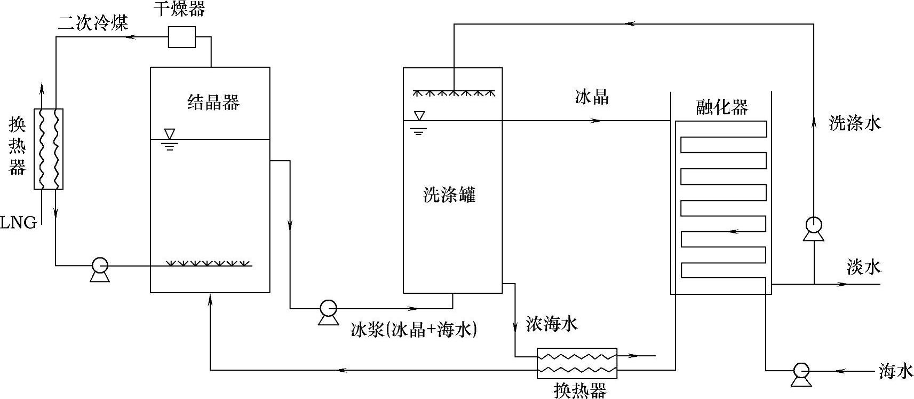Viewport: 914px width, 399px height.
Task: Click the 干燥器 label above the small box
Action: pyautogui.click(x=180, y=9)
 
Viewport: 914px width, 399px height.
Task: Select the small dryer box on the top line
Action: pyautogui.click(x=182, y=37)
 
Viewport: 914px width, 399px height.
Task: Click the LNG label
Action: pyautogui.click(x=19, y=223)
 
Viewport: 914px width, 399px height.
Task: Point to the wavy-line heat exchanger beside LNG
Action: pyautogui.click(x=49, y=148)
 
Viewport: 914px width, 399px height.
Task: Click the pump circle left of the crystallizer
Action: pyautogui.click(x=100, y=265)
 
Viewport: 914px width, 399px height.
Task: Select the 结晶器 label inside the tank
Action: pyautogui.click(x=213, y=101)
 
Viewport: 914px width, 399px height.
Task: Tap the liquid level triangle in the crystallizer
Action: pyautogui.click(x=170, y=134)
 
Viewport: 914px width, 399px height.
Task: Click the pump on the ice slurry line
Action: pyautogui.click(x=328, y=309)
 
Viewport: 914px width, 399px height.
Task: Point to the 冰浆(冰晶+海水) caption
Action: pyautogui.click(x=414, y=330)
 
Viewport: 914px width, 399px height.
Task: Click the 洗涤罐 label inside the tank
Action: pyautogui.click(x=449, y=195)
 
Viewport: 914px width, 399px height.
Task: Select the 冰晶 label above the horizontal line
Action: pyautogui.click(x=592, y=97)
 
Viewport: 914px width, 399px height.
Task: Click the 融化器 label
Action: pyautogui.click(x=722, y=107)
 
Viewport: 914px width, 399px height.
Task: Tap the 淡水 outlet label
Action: pyautogui.click(x=863, y=267)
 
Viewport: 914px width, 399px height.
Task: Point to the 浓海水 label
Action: pyautogui.click(x=552, y=324)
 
